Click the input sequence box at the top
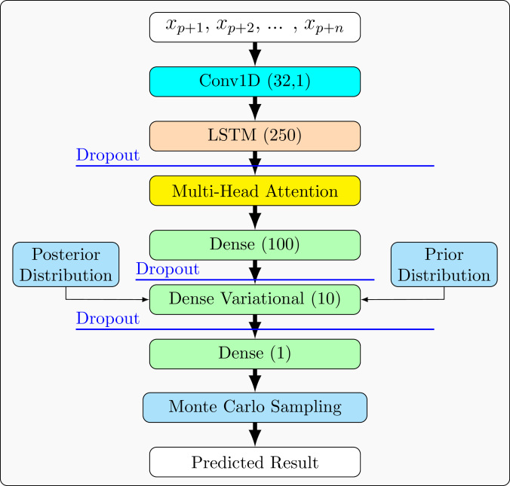click(255, 27)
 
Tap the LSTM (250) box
click(255, 136)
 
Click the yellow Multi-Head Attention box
click(255, 191)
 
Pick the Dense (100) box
click(255, 245)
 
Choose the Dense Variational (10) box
click(255, 299)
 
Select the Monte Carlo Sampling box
click(255, 407)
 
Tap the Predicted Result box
click(255, 462)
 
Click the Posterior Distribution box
click(66, 264)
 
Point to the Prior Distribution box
click(444, 264)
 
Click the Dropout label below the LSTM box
click(107, 156)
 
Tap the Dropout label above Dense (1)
click(107, 319)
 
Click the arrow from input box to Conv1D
click(255, 54)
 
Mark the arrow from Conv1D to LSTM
click(255, 109)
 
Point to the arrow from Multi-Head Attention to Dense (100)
click(255, 218)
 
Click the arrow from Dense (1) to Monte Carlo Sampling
click(255, 380)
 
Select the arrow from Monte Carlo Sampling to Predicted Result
click(255, 435)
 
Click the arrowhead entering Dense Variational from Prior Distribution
click(365, 299)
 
